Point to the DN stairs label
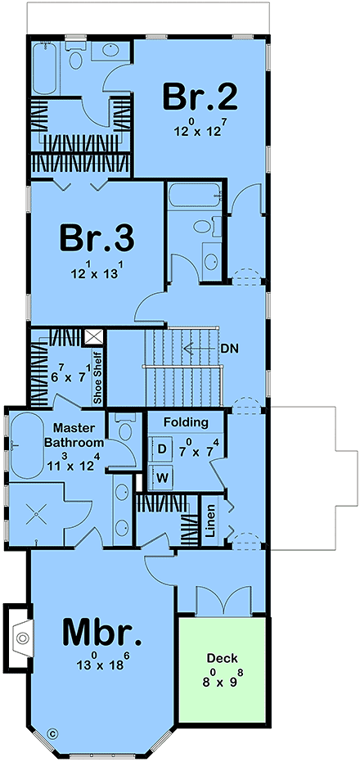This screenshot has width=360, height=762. click(x=230, y=348)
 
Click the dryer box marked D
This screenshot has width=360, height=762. click(x=161, y=449)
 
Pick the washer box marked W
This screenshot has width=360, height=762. click(x=161, y=476)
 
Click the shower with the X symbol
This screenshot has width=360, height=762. click(x=36, y=515)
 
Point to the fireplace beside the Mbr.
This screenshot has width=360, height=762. click(x=20, y=633)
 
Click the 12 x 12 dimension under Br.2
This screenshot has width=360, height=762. click(x=200, y=129)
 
